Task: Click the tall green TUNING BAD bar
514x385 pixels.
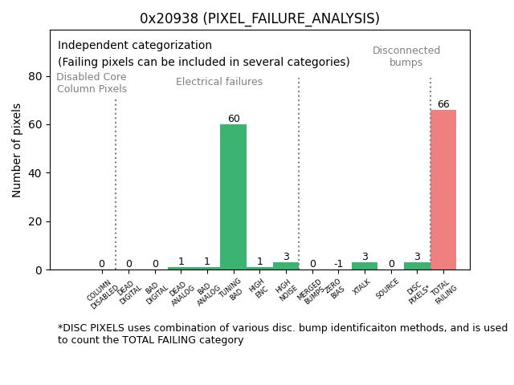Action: (233, 197)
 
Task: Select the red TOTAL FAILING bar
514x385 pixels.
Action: (443, 189)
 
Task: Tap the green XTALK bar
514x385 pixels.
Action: (364, 265)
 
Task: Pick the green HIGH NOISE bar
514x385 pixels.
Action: (285, 265)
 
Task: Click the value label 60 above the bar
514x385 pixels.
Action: (233, 119)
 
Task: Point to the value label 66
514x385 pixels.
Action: (443, 104)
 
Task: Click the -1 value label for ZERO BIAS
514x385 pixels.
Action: (338, 264)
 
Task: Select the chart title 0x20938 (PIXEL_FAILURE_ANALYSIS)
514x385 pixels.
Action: (259, 18)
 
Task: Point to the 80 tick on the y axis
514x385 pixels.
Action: (35, 76)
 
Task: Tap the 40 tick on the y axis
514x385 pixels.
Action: (35, 173)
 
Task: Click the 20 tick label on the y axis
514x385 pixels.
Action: (35, 221)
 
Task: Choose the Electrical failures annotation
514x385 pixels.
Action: (219, 82)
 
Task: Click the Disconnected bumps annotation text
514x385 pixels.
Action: (406, 56)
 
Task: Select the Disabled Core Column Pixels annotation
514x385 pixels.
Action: (92, 83)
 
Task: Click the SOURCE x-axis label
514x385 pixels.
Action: (388, 288)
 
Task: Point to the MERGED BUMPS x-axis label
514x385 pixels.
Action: (312, 292)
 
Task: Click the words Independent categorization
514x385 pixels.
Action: (135, 46)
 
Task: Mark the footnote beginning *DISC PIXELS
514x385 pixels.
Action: (282, 334)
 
